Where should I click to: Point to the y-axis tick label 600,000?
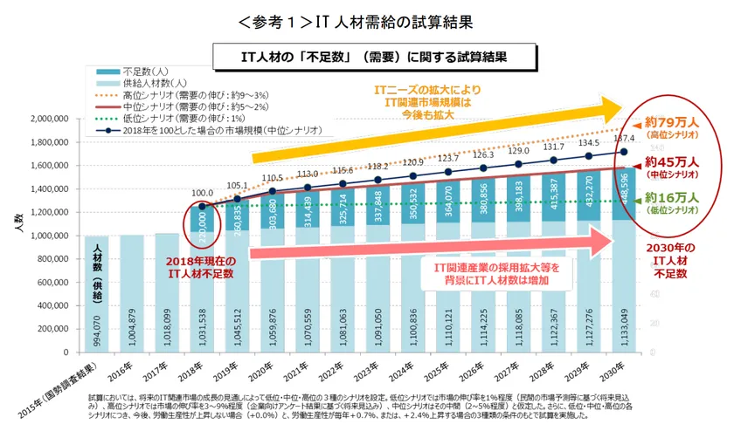coord(60,283)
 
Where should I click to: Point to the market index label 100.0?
coord(204,193)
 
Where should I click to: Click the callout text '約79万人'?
coord(674,123)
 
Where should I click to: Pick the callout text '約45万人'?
coord(674,162)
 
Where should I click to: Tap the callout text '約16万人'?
coord(674,199)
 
